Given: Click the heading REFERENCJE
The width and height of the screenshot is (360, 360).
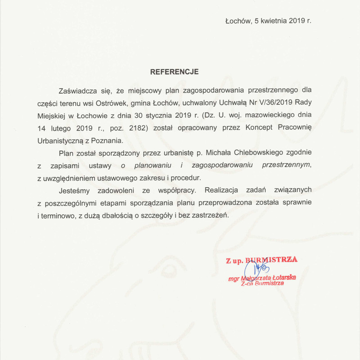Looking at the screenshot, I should (174, 72).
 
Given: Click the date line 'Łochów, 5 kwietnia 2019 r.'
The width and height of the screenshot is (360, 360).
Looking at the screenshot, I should (268, 21).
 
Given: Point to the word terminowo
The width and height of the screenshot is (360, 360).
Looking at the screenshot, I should (60, 216).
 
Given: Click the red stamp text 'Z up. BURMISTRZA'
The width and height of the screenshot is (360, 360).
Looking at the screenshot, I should (261, 260).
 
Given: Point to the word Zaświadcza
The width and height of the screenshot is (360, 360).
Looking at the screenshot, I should (76, 90).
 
